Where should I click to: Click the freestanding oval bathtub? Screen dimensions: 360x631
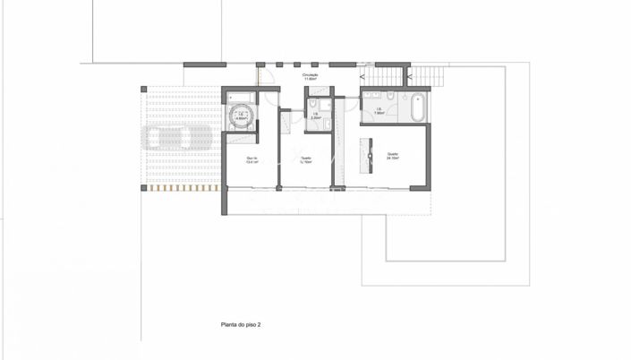[420, 107]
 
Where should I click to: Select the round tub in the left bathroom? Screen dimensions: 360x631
[239, 114]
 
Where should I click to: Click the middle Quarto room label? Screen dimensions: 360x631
[306, 159]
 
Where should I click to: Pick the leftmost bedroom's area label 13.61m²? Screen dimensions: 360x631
[252, 161]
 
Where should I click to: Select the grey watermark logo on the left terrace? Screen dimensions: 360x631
[179, 137]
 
